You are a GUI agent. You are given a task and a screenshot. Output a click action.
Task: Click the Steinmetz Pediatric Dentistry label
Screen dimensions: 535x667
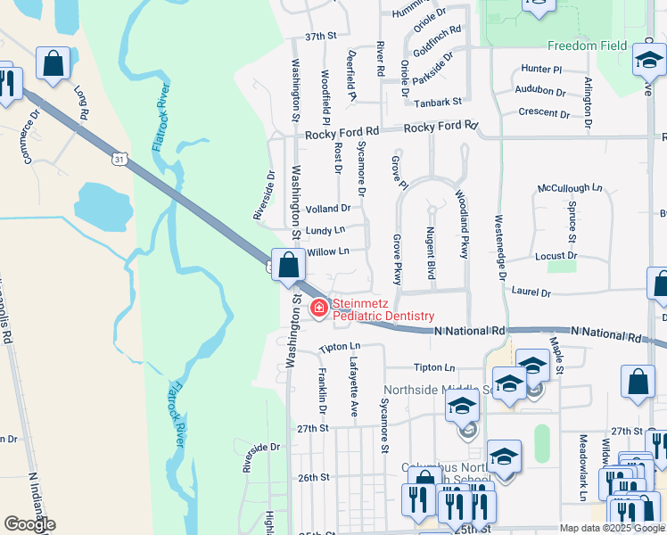[x=383, y=310]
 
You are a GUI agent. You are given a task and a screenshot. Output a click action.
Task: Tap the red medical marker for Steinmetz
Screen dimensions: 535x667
[x=317, y=309]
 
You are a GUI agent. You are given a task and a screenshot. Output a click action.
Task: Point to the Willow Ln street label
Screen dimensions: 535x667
[x=327, y=252]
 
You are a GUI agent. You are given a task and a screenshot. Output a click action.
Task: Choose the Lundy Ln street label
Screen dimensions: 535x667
[x=325, y=230]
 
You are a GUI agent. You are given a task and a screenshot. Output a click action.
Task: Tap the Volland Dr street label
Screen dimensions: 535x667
[x=327, y=209]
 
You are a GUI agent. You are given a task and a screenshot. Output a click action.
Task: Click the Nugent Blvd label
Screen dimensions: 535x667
[x=431, y=253]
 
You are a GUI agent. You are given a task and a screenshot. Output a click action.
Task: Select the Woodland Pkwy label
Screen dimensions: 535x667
[x=463, y=224]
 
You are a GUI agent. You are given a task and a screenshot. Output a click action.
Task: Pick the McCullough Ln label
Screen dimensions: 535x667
[x=570, y=189]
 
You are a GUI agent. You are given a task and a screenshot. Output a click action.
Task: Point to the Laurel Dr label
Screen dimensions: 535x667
[x=531, y=292]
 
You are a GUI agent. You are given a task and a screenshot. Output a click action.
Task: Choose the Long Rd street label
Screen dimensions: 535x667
[x=81, y=103]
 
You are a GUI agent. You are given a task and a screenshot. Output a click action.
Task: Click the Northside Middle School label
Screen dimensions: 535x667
[x=437, y=391]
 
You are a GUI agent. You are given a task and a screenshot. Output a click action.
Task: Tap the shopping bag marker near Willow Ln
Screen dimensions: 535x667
[x=288, y=266]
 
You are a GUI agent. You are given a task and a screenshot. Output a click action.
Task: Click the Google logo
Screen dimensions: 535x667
[x=29, y=524]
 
